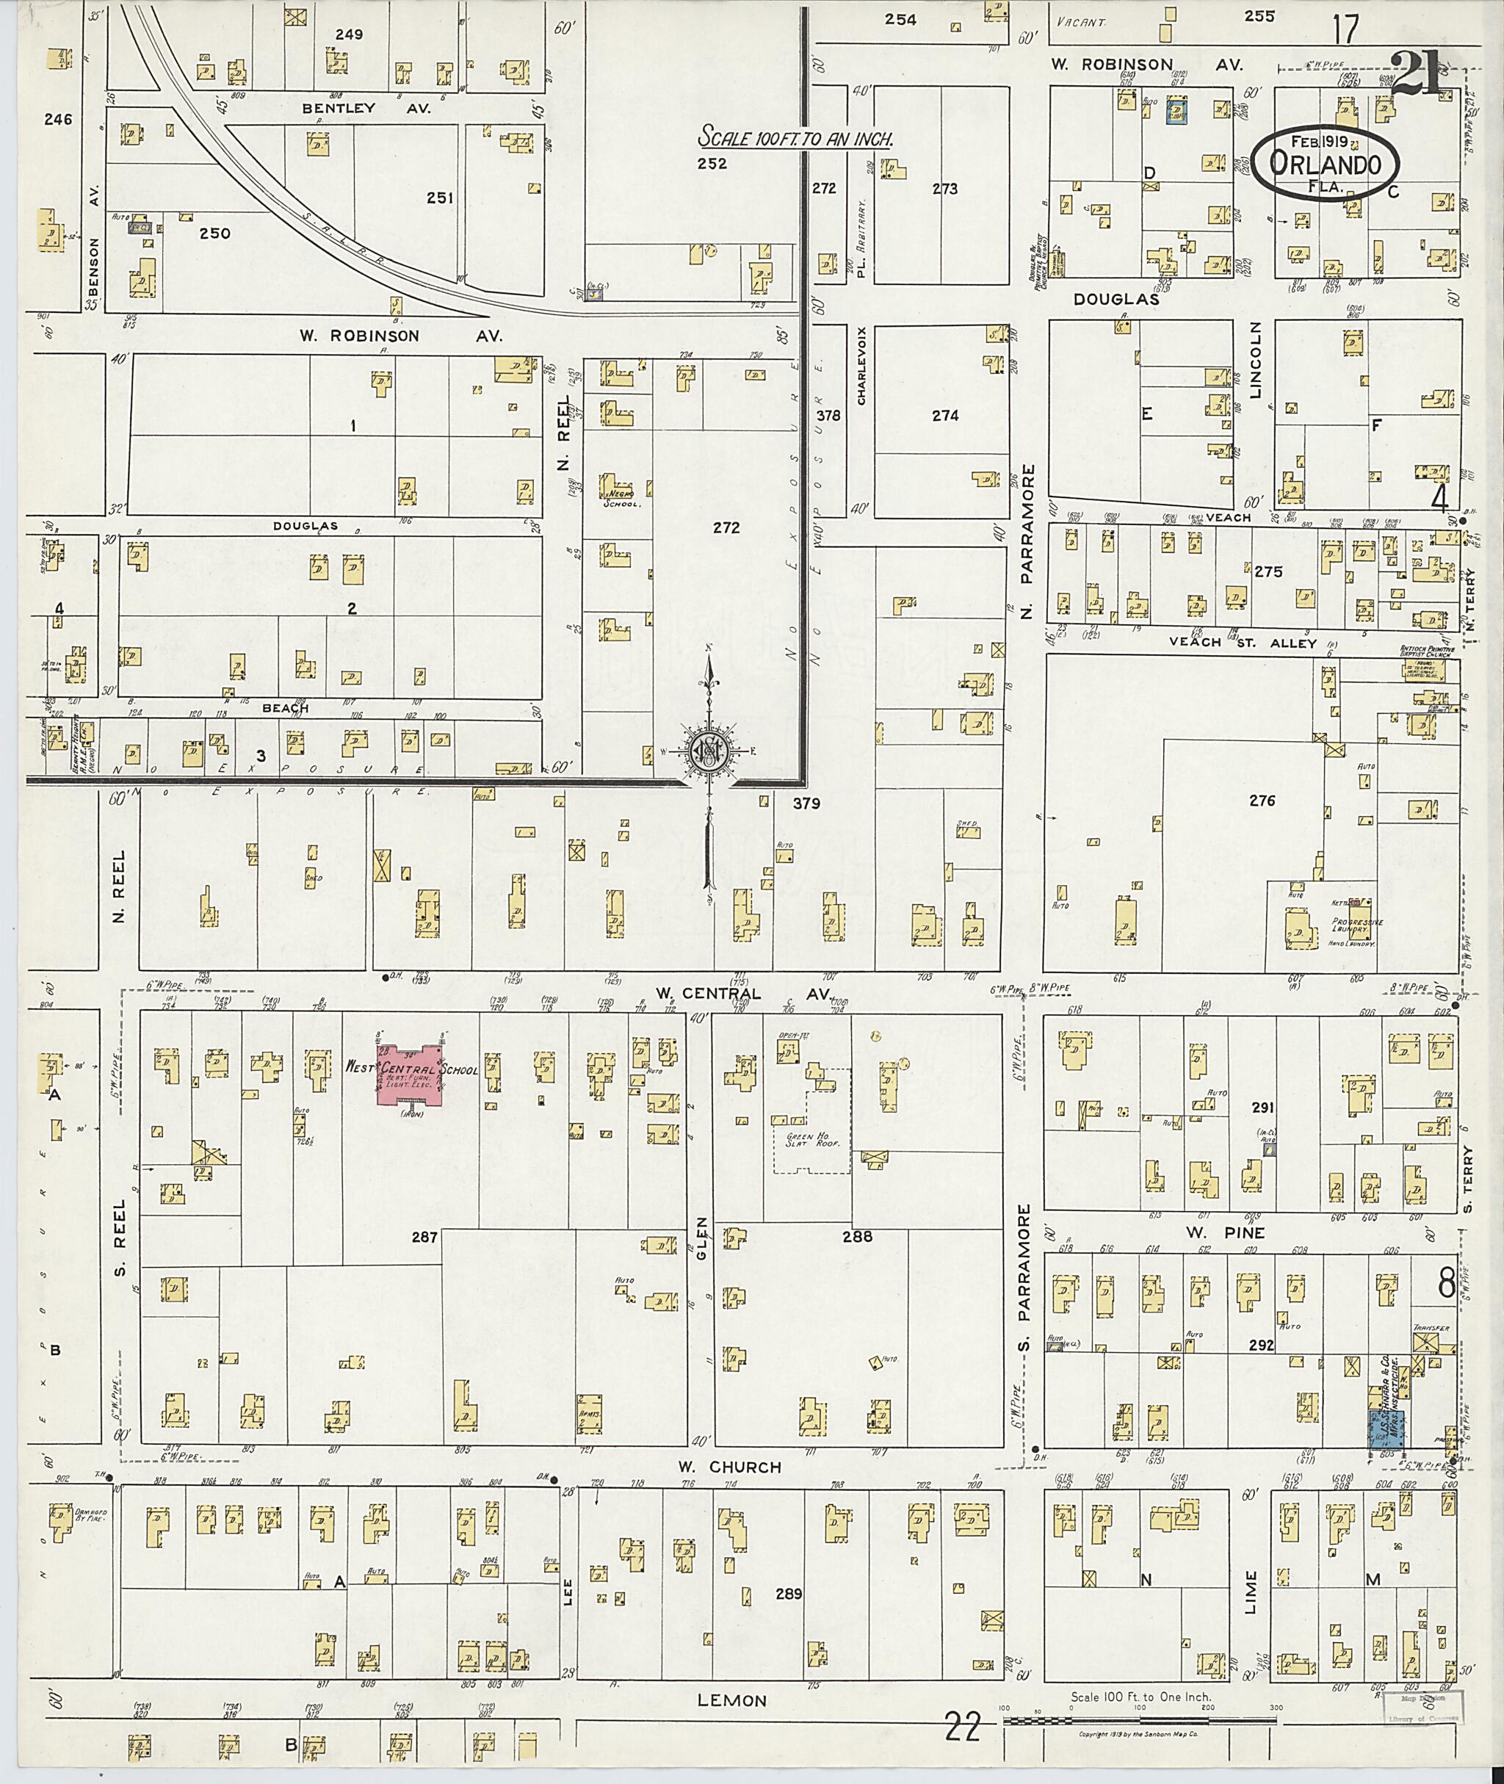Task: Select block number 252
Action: tap(711, 164)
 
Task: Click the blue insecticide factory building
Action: tap(1386, 1428)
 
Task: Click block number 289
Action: tap(790, 1592)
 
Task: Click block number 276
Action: tap(1262, 801)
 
